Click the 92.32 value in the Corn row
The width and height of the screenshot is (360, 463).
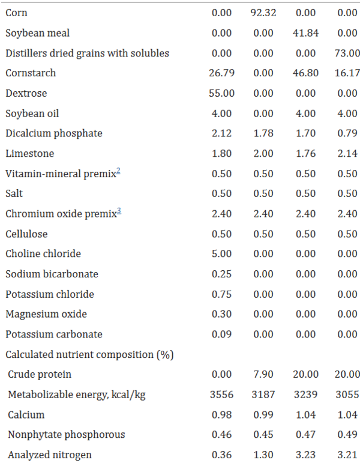(x=263, y=13)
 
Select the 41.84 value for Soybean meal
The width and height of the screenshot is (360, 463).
(x=305, y=33)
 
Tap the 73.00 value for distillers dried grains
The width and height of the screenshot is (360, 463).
(x=347, y=53)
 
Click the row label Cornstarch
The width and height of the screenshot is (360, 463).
(x=31, y=73)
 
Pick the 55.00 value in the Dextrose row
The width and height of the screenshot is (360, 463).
(x=221, y=93)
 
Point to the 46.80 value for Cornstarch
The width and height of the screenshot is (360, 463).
(x=305, y=73)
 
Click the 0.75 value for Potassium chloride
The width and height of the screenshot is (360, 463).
(x=221, y=294)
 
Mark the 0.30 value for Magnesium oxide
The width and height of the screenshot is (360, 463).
(x=221, y=314)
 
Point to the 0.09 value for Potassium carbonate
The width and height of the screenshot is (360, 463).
(x=221, y=334)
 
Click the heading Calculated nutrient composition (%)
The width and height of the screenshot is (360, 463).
(x=89, y=355)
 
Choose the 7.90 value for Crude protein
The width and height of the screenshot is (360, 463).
(x=263, y=375)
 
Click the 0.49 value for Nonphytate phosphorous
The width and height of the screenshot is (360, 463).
(x=347, y=435)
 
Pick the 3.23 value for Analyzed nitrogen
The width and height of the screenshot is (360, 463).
(x=305, y=455)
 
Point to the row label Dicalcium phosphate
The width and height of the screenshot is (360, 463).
(x=54, y=133)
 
